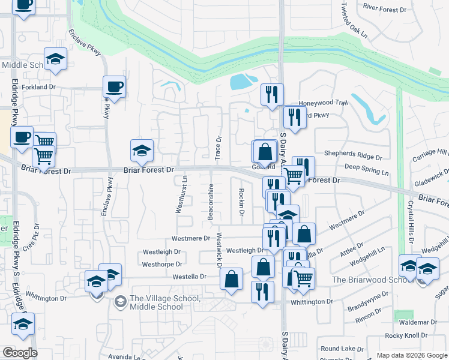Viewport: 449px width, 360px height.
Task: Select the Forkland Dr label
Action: (x=39, y=87)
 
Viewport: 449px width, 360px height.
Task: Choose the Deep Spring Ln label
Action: (x=367, y=171)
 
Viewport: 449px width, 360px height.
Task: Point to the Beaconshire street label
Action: (x=211, y=202)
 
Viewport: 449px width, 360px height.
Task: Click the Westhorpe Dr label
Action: (x=161, y=264)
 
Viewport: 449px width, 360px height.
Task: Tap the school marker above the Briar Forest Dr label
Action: (x=142, y=151)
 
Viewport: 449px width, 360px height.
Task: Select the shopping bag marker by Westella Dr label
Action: (x=232, y=279)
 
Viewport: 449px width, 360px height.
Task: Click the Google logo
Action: (x=20, y=353)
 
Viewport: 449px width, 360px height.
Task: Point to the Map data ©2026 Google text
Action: (x=411, y=355)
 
